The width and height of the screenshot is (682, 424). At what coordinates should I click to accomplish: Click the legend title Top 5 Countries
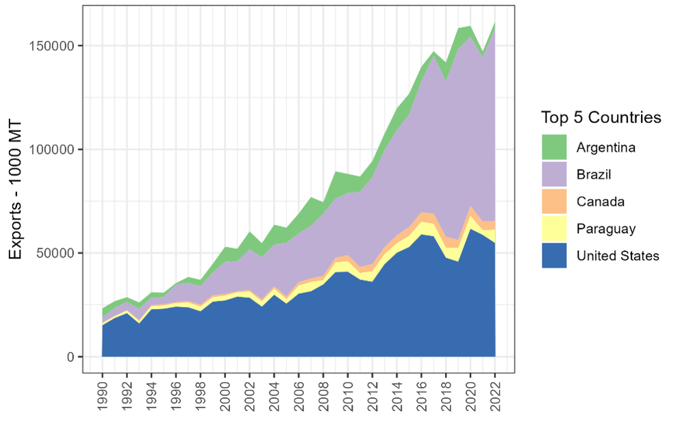601,118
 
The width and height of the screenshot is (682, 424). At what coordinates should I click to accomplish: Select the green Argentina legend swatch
554,147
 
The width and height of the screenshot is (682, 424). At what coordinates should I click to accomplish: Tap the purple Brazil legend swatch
554,174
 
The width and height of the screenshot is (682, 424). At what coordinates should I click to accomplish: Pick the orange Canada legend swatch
554,202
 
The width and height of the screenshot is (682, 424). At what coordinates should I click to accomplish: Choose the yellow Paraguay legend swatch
554,229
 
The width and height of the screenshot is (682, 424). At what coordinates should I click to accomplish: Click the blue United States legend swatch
554,256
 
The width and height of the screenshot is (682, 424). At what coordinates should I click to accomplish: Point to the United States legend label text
617,256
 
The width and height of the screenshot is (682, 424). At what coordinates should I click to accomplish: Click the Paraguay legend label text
605,229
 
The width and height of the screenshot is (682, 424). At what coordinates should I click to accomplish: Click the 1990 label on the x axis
103,391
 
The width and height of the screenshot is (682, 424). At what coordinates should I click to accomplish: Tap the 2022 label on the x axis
494,391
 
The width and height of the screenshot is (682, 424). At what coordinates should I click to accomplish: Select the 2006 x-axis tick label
299,391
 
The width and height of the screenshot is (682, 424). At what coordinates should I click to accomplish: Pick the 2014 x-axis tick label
396,391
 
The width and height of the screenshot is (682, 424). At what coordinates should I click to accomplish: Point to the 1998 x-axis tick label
201,391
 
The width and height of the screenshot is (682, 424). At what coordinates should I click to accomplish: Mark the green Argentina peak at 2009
336,179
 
